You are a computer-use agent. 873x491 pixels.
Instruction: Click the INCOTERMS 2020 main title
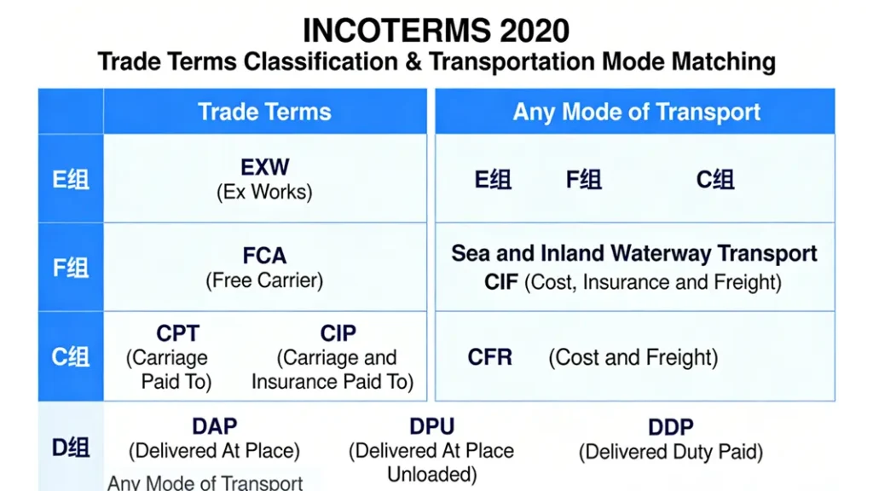[x=436, y=31]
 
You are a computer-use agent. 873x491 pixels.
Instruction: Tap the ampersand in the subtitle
[x=413, y=61]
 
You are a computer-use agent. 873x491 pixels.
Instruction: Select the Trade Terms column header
[x=264, y=112]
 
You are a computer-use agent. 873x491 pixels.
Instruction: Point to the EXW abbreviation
[x=265, y=167]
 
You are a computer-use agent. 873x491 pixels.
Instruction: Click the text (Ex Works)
[x=264, y=192]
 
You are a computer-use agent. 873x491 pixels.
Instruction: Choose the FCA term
[x=264, y=256]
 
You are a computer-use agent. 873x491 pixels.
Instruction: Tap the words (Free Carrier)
[x=264, y=280]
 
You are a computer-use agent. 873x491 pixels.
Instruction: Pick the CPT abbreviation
[x=177, y=333]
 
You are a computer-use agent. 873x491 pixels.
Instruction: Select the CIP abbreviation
[x=338, y=333]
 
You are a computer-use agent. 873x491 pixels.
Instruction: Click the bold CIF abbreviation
[x=501, y=282]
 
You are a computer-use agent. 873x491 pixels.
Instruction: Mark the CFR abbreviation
[x=490, y=357]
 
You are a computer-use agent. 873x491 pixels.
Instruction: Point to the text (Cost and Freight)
[x=633, y=357]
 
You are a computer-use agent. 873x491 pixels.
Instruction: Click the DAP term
[x=215, y=426]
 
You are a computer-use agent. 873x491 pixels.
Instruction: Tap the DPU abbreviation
[x=432, y=426]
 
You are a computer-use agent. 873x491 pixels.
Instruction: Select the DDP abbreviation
[x=671, y=428]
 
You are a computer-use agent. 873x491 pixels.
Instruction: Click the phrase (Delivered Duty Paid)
[x=671, y=452]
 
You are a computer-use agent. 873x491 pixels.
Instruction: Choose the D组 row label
[x=71, y=448]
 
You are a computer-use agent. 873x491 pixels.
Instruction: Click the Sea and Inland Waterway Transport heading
[x=634, y=253]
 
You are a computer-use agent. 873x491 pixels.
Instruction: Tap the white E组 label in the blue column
[x=71, y=180]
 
